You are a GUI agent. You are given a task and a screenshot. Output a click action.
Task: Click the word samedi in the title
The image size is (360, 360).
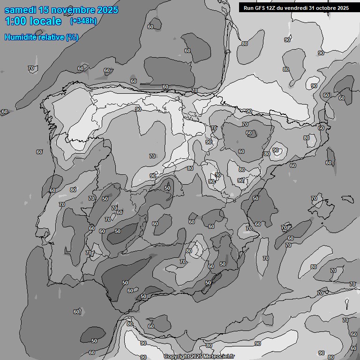pyautogui.click(x=22, y=10)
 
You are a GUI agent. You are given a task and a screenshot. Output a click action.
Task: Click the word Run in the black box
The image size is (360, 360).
pyautogui.click(x=248, y=8)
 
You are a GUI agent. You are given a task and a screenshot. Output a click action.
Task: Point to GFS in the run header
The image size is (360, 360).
pyautogui.click(x=261, y=8)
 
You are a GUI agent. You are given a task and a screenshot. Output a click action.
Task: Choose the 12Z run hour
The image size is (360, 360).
pyautogui.click(x=273, y=8)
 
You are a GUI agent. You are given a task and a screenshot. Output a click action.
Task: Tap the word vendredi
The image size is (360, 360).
pyautogui.click(x=299, y=8)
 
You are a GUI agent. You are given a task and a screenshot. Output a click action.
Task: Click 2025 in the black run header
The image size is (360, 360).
pyautogui.click(x=344, y=8)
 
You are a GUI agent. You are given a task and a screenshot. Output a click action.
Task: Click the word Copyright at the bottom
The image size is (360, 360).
pyautogui.click(x=176, y=357)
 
